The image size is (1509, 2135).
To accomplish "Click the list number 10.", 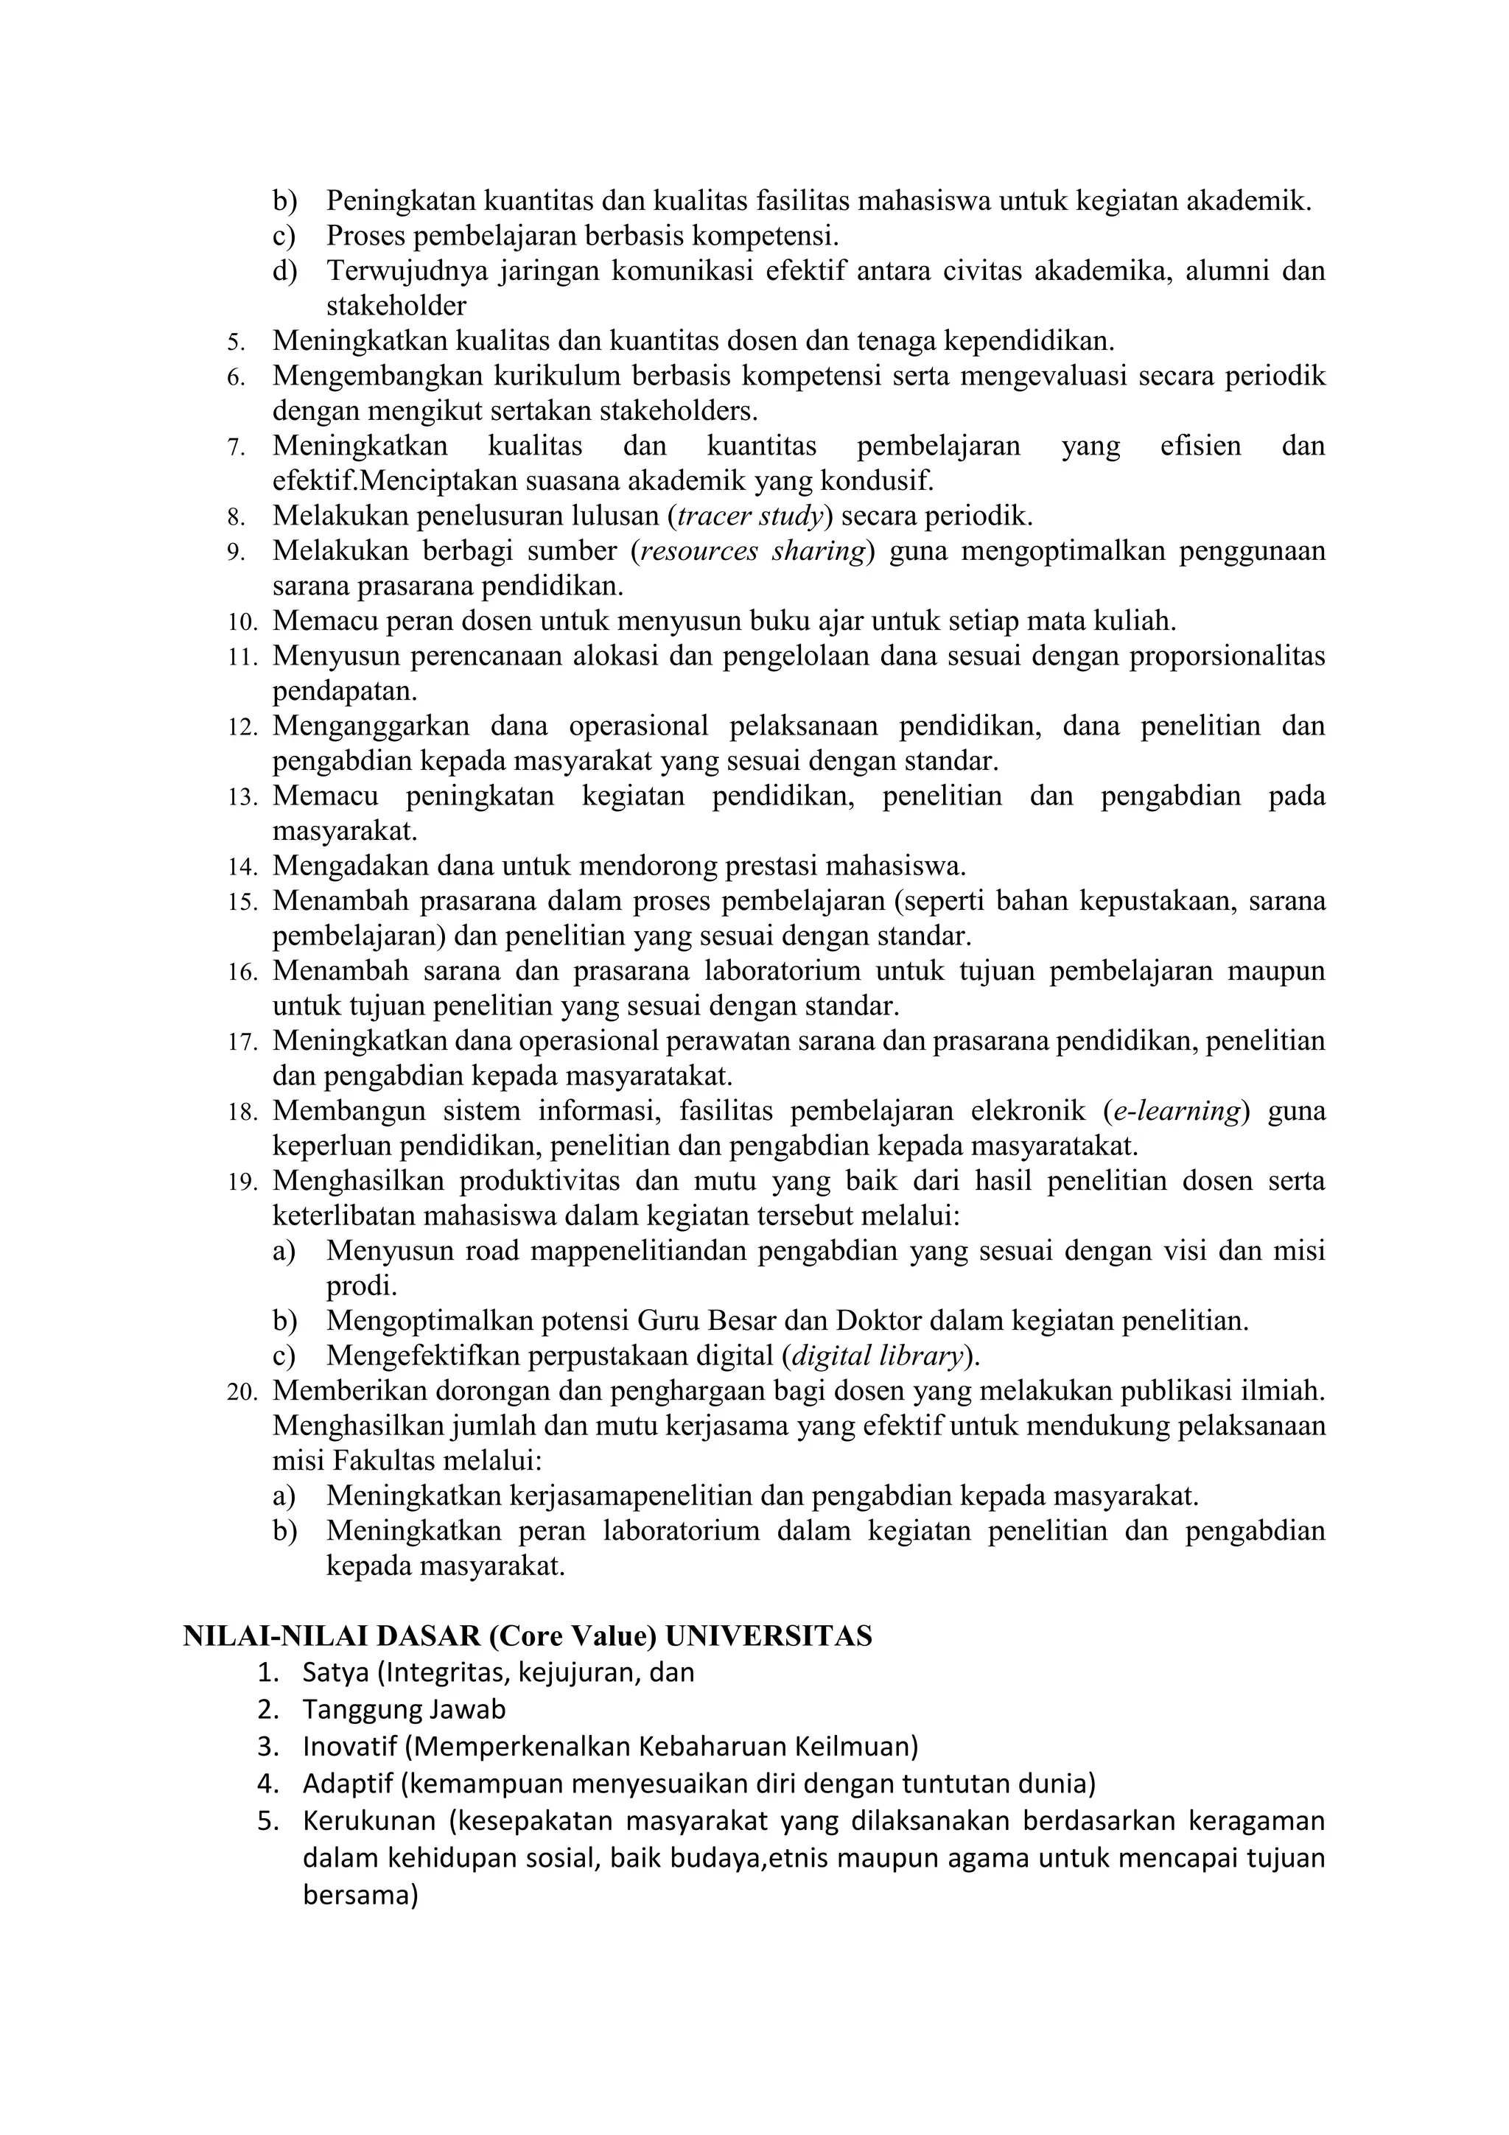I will click(242, 621).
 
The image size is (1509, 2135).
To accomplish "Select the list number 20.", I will click(242, 1392).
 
